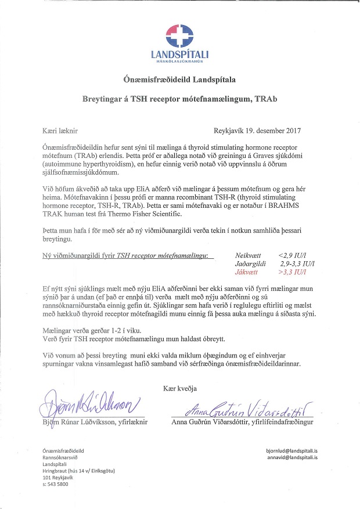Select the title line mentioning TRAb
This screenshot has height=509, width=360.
point(180,99)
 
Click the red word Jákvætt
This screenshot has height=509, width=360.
point(247,271)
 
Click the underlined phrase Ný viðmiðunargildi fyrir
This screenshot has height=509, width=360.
point(80,255)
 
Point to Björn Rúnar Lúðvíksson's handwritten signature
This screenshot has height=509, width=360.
point(89,402)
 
